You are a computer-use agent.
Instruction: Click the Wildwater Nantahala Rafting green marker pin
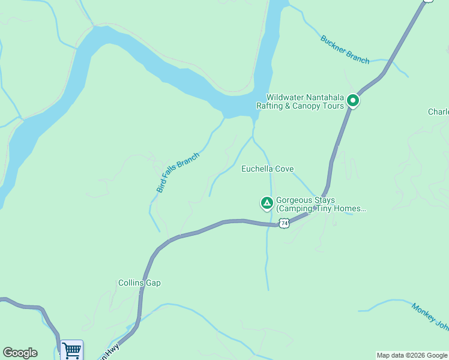353,101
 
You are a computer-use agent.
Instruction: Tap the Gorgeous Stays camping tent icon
267,203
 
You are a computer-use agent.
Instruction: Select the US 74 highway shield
285,223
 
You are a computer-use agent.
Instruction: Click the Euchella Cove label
267,169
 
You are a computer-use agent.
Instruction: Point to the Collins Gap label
139,283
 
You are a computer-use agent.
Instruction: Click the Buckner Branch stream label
345,49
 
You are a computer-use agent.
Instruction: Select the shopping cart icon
71,350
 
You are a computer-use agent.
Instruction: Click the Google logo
20,353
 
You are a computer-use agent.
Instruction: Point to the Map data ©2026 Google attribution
412,355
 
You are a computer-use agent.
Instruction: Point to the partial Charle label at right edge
438,112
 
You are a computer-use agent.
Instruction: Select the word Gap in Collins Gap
153,283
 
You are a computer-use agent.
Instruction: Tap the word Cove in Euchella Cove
285,169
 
